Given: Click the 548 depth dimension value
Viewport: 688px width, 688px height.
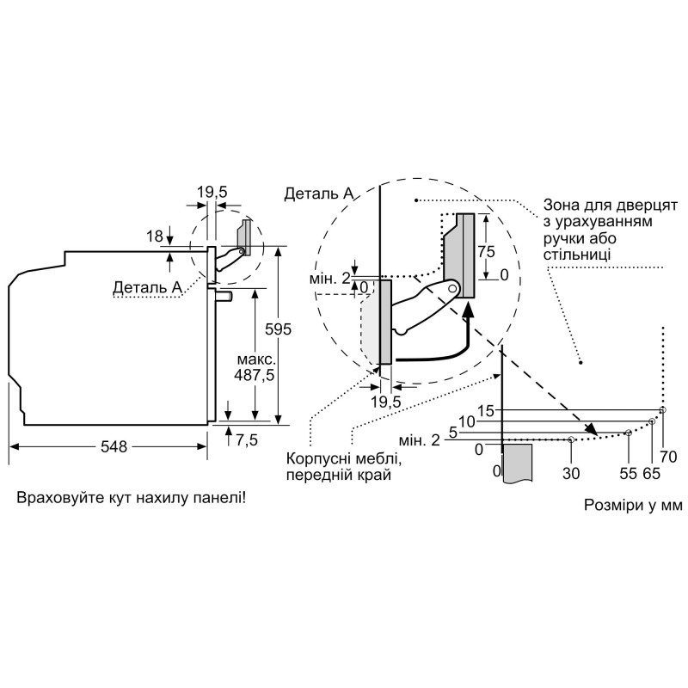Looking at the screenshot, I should (x=113, y=446).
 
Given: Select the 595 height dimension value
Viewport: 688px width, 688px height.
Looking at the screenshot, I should (x=280, y=329).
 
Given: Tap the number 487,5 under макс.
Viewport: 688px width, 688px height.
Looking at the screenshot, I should (x=255, y=376).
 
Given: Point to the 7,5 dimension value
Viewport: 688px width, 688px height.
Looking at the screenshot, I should (x=247, y=441).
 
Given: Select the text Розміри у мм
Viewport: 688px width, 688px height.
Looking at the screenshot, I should (x=633, y=506).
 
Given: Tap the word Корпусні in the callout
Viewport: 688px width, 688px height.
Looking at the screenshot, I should (x=314, y=458).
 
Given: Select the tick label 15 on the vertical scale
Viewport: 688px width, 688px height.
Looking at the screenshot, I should (x=487, y=410).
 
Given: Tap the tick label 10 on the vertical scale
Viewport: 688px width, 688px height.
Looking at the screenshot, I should (x=467, y=421).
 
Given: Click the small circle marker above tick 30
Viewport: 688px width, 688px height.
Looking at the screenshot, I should (x=571, y=439).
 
